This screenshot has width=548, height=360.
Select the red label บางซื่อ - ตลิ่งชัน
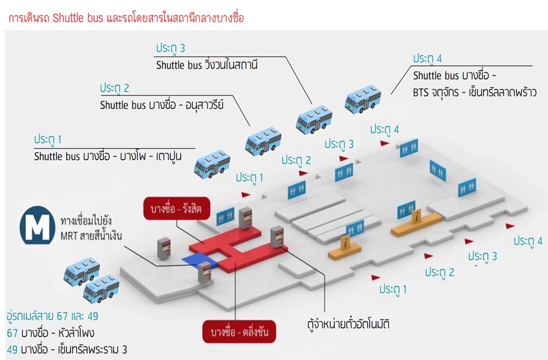coord(239,332)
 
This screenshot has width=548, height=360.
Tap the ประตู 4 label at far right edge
coord(527,240)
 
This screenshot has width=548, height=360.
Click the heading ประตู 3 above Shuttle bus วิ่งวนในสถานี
coord(171,48)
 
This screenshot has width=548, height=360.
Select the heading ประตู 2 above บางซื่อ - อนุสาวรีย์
coord(115,88)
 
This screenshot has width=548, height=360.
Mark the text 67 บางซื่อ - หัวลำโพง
coord(50,333)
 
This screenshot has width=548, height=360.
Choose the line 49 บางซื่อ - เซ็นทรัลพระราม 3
coord(66,349)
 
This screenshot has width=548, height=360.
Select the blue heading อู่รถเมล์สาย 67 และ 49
coord(53,316)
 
